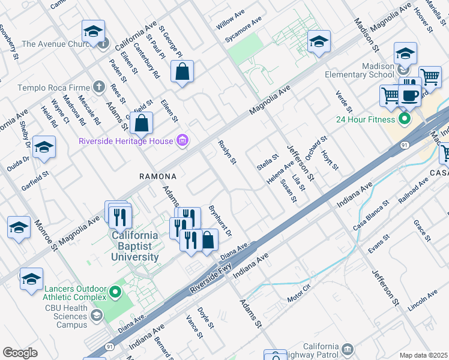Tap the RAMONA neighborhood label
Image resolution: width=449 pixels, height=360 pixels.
[158, 176]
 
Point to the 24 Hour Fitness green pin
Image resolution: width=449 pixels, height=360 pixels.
[405, 118]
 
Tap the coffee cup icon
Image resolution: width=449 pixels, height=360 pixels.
[411, 95]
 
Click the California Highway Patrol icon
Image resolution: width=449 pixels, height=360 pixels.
[348, 349]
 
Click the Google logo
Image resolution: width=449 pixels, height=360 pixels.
[20, 352]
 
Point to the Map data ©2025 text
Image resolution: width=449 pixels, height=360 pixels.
[423, 355]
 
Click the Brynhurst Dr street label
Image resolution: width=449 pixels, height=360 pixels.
[220, 221]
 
